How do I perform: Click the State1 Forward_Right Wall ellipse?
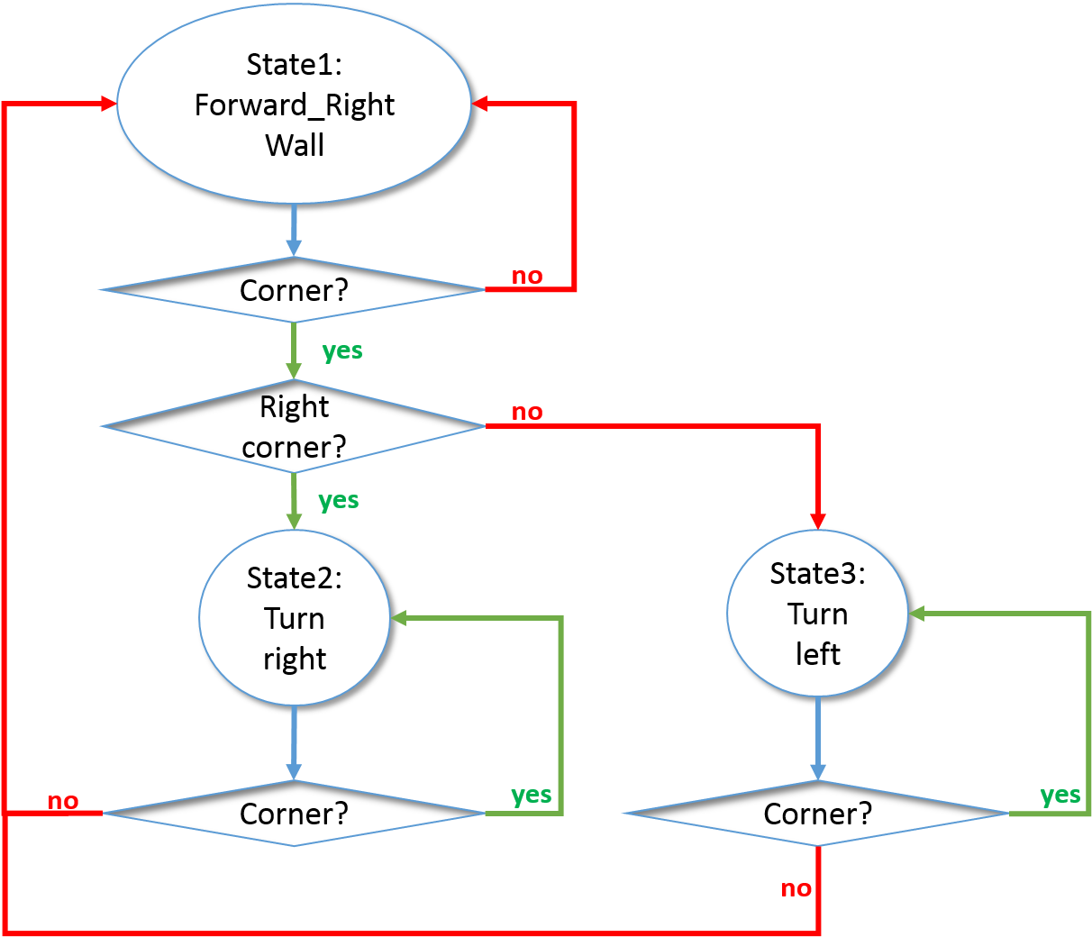point(294,105)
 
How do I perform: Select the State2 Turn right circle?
point(294,618)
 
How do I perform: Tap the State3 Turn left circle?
point(817,614)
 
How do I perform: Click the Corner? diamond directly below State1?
point(294,290)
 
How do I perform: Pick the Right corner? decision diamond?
point(294,426)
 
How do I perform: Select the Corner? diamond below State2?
point(294,814)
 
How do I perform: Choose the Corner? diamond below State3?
point(817,814)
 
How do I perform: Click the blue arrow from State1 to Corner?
point(294,231)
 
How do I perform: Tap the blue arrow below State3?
point(817,738)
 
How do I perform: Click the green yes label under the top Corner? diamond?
point(342,350)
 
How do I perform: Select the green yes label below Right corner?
point(339,500)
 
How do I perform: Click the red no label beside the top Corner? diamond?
point(527,276)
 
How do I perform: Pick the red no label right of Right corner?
point(527,412)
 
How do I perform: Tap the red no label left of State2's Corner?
point(63,801)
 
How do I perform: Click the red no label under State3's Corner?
point(796,888)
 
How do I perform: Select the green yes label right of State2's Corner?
point(531,795)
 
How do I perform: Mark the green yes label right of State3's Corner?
point(1060,796)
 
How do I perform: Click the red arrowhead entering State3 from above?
point(817,521)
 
